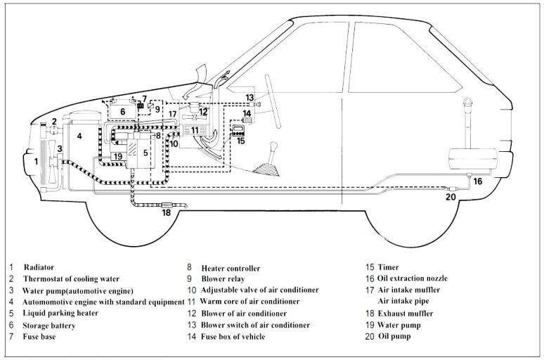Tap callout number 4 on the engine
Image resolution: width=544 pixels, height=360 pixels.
[x=79, y=136]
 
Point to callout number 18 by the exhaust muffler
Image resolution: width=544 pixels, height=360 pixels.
[x=166, y=212]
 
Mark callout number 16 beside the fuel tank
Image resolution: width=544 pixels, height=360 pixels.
[x=477, y=181]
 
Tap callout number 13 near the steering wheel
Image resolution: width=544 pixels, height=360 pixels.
[x=250, y=97]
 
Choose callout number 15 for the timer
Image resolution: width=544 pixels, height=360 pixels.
[x=241, y=141]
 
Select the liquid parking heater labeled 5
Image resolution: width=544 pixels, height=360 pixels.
[x=145, y=152]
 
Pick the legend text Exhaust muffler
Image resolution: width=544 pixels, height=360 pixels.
[x=406, y=313]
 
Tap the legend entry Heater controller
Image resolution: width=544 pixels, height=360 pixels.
[x=231, y=268]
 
